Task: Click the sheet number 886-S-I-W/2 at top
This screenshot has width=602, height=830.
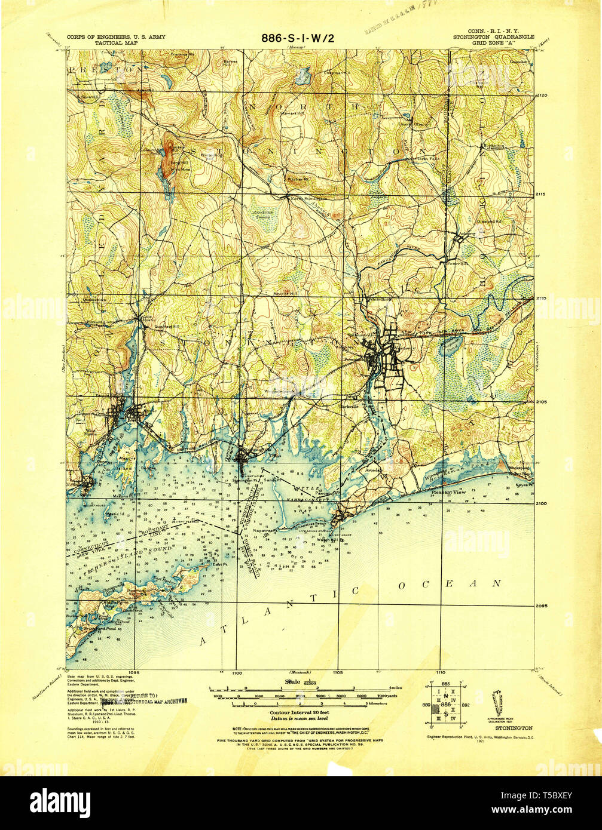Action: [x=297, y=38]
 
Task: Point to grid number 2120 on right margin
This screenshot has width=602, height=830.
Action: [x=543, y=95]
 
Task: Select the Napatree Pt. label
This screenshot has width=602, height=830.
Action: [x=282, y=530]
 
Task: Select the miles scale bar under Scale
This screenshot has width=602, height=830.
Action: [x=300, y=688]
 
